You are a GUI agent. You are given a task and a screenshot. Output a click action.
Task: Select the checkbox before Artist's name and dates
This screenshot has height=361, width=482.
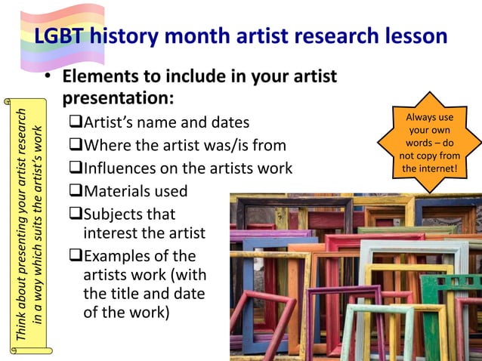[76, 122]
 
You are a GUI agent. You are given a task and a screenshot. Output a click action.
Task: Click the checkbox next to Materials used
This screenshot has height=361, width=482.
[76, 192]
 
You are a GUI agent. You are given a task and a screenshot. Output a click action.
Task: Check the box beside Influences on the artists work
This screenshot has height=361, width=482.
[76, 168]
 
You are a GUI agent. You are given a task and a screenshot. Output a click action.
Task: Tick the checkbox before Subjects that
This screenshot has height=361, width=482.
[76, 214]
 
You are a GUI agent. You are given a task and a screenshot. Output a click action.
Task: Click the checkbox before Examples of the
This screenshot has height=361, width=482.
[76, 257]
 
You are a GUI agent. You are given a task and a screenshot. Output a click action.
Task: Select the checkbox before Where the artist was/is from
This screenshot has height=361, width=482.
[76, 145]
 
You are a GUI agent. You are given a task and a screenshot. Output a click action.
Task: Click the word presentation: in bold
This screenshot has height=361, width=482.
[118, 99]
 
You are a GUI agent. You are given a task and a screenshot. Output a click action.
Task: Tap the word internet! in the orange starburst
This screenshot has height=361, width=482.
[429, 167]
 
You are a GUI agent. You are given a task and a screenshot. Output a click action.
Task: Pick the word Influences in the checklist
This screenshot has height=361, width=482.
[123, 168]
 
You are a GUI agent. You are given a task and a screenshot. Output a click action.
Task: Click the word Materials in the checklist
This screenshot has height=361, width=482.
[121, 192]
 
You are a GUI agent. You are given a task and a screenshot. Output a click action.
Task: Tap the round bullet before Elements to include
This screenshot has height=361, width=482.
[47, 79]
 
